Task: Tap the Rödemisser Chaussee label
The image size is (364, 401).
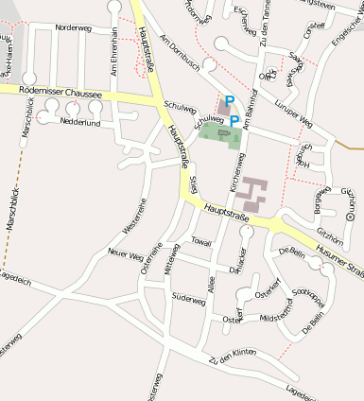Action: coord(53,93)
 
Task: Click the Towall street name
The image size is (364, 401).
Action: coord(201,242)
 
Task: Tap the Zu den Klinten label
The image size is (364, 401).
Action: coord(234,358)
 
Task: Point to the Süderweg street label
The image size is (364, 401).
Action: coord(189,301)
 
